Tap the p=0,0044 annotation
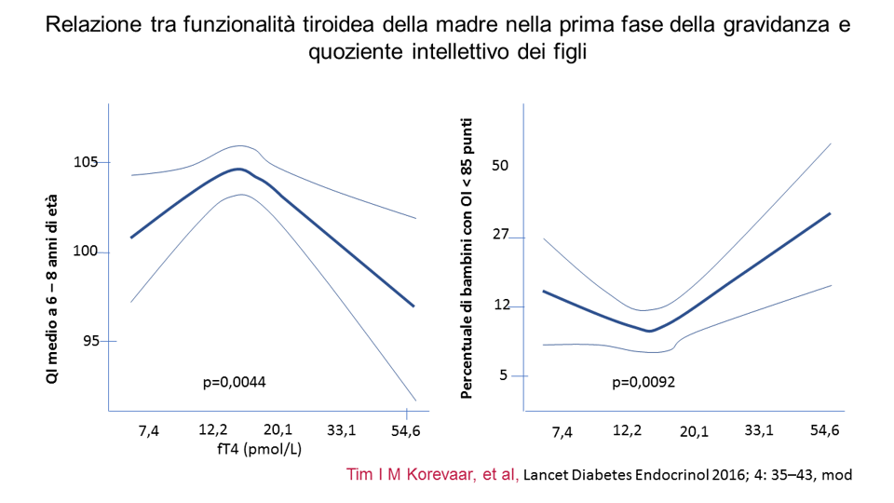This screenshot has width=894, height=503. tap(236, 381)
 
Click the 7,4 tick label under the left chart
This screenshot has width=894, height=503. tap(148, 430)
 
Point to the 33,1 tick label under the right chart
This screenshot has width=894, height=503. tap(759, 430)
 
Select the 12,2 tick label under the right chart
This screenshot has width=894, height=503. tap(628, 430)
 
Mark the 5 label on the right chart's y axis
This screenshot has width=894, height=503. tap(504, 374)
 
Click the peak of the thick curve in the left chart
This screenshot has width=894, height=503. tap(239, 170)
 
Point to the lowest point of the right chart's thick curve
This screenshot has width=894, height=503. tap(650, 331)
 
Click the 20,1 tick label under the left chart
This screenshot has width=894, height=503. tap(278, 430)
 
